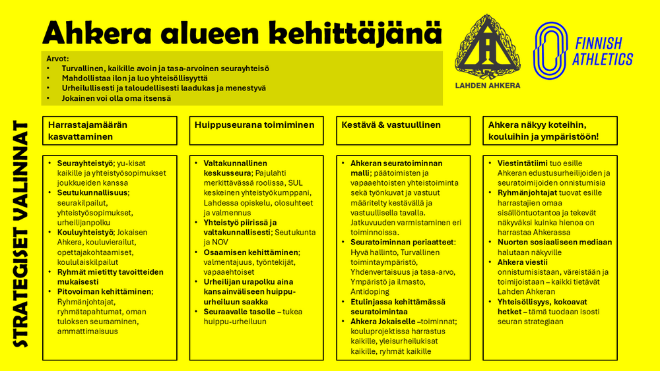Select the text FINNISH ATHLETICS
(602, 51)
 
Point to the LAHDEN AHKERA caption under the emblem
(488, 86)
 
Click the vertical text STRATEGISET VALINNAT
(21, 234)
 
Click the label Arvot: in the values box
(57, 58)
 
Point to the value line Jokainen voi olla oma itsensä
(116, 98)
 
